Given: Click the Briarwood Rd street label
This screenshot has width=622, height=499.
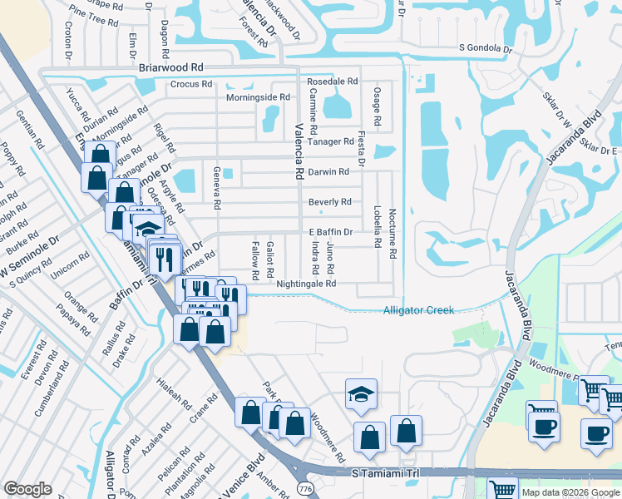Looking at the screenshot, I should tap(171, 67).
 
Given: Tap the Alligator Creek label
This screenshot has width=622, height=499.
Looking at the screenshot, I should tap(418, 310).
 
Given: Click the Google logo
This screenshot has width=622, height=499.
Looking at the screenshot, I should tap(27, 489).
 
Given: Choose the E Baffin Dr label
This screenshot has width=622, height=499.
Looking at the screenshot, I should tap(331, 232).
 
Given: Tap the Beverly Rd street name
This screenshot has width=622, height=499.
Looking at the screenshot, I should tap(329, 202).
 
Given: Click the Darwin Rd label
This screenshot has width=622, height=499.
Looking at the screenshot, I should tap(328, 172).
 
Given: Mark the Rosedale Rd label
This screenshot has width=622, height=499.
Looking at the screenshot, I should tap(332, 82).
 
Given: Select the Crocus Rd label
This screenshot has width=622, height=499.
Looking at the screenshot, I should tap(192, 84).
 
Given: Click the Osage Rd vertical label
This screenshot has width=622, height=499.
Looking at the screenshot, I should tap(377, 106).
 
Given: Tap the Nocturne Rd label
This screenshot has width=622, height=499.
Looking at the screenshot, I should tap(391, 233).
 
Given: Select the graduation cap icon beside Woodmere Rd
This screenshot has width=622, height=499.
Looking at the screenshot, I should tap(362, 393).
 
